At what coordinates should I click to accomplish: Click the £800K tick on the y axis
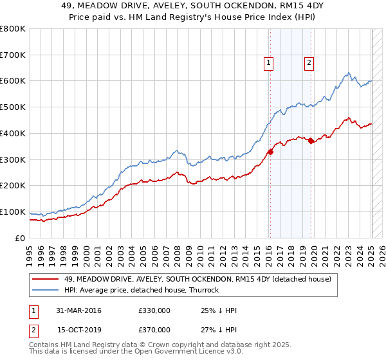coord(14,29)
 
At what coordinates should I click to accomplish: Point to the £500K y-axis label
coord(14,107)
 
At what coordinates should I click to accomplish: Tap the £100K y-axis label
coord(14,212)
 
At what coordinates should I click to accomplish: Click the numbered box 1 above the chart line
coord(268,62)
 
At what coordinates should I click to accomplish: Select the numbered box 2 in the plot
coord(309,62)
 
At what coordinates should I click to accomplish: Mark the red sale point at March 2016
coord(270,152)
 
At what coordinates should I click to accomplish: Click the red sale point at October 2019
coord(311,141)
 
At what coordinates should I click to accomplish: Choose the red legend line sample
coord(46,279)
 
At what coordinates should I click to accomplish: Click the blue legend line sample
coord(46,290)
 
